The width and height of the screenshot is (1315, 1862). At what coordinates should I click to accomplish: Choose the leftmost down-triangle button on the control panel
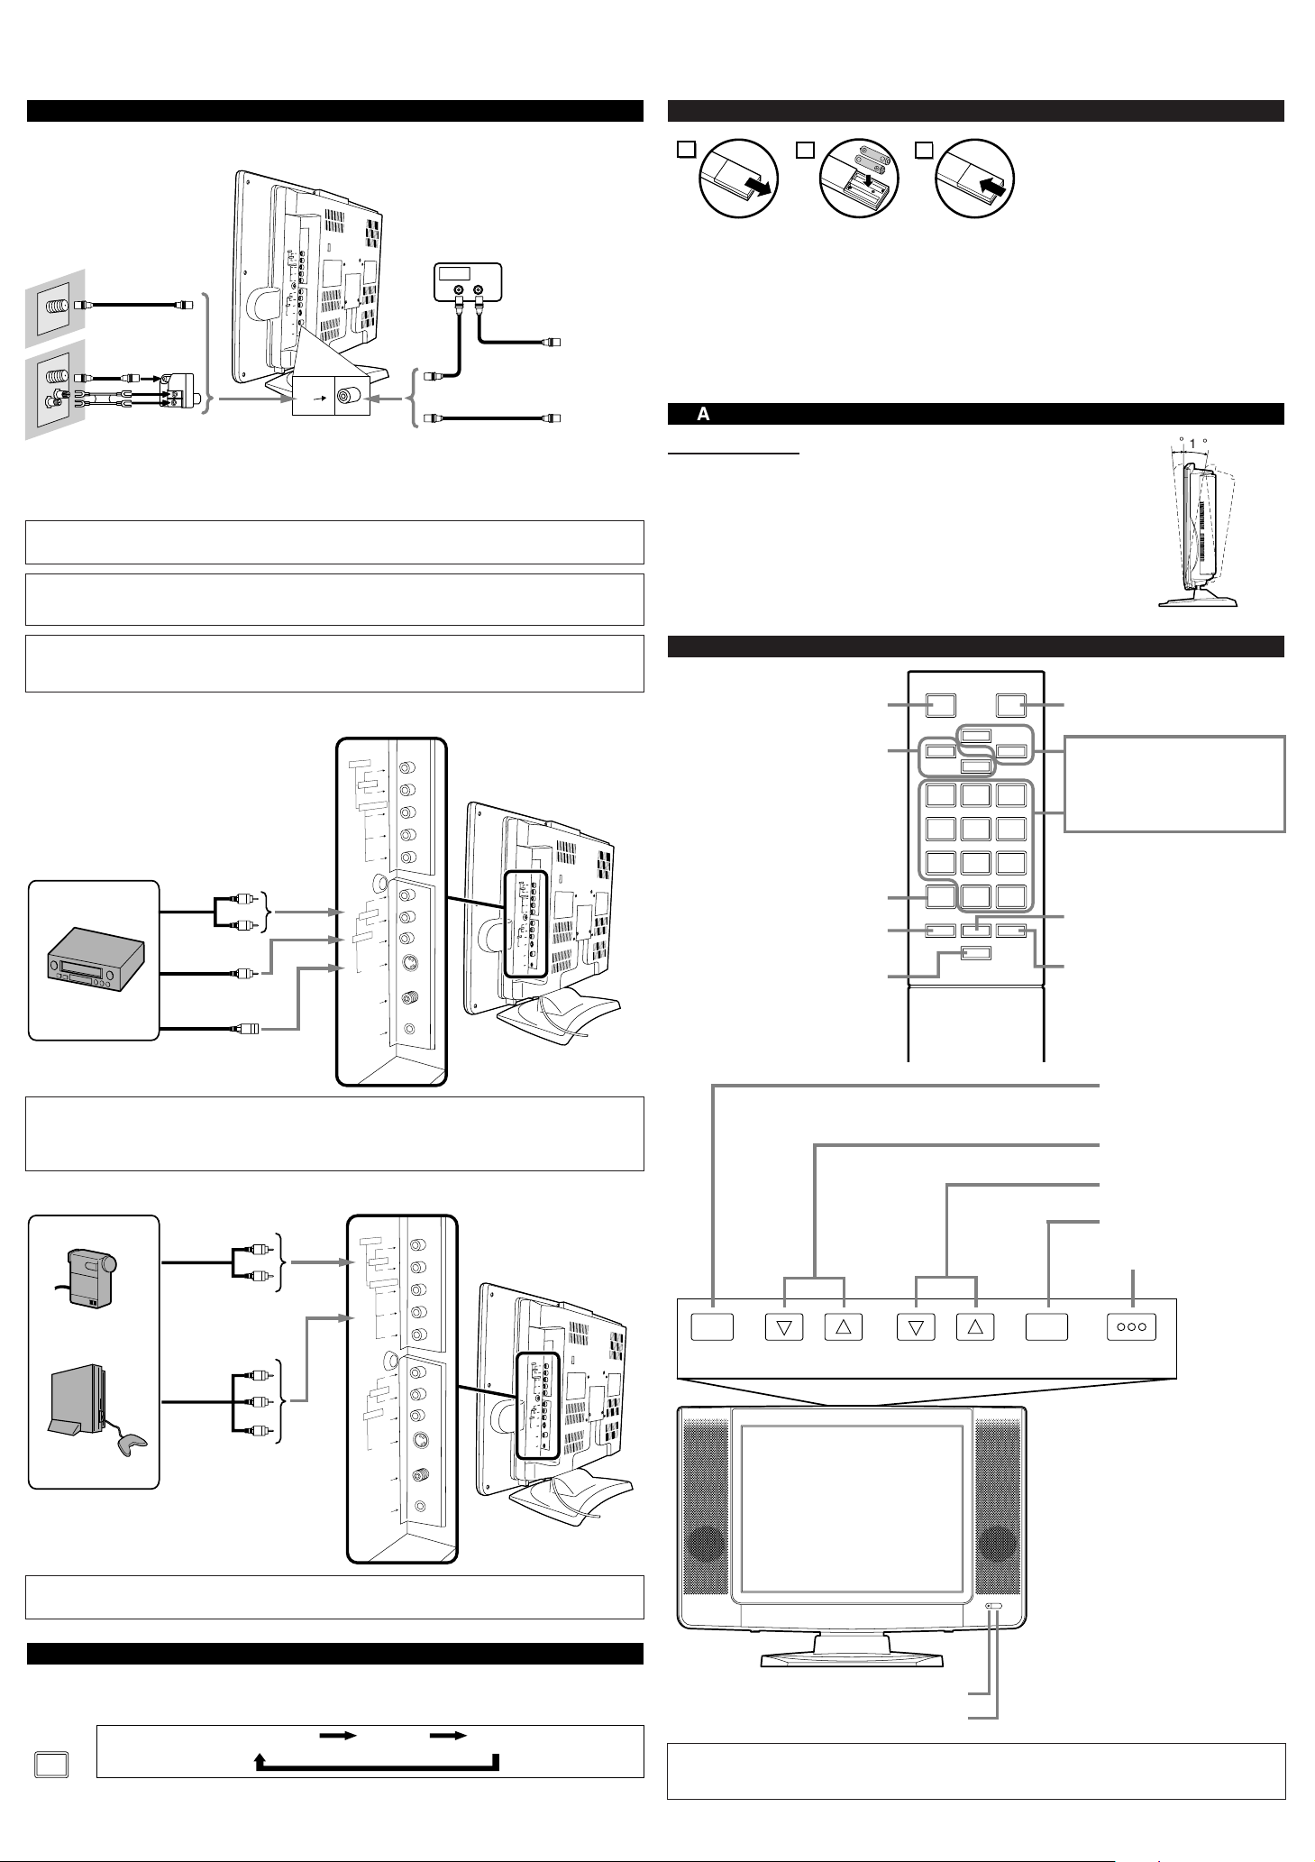point(783,1327)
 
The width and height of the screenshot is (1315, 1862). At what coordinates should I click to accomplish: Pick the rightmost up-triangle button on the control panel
point(975,1327)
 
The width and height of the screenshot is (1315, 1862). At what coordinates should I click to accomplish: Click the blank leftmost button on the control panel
point(711,1327)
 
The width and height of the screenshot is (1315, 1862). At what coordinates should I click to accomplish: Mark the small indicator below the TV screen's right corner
point(994,1607)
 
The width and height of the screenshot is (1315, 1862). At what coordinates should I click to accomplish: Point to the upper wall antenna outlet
point(57,306)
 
